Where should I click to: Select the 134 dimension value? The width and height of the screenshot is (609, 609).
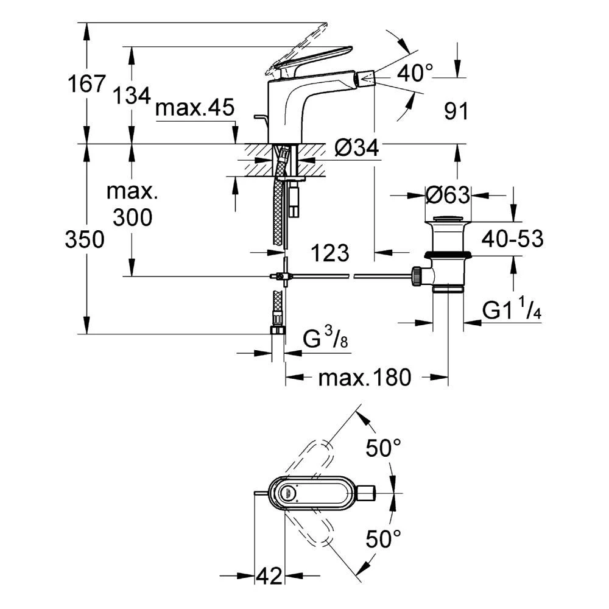coord(132,94)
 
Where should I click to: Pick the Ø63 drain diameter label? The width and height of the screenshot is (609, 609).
coord(448,195)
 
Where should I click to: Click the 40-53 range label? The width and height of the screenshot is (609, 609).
coord(512,239)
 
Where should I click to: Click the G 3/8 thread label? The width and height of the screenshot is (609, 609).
coord(326,339)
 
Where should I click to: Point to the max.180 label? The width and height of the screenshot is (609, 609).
coord(364,378)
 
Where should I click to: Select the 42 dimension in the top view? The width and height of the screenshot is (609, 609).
coord(269,574)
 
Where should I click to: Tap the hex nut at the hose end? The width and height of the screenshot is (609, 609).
coord(278,331)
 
